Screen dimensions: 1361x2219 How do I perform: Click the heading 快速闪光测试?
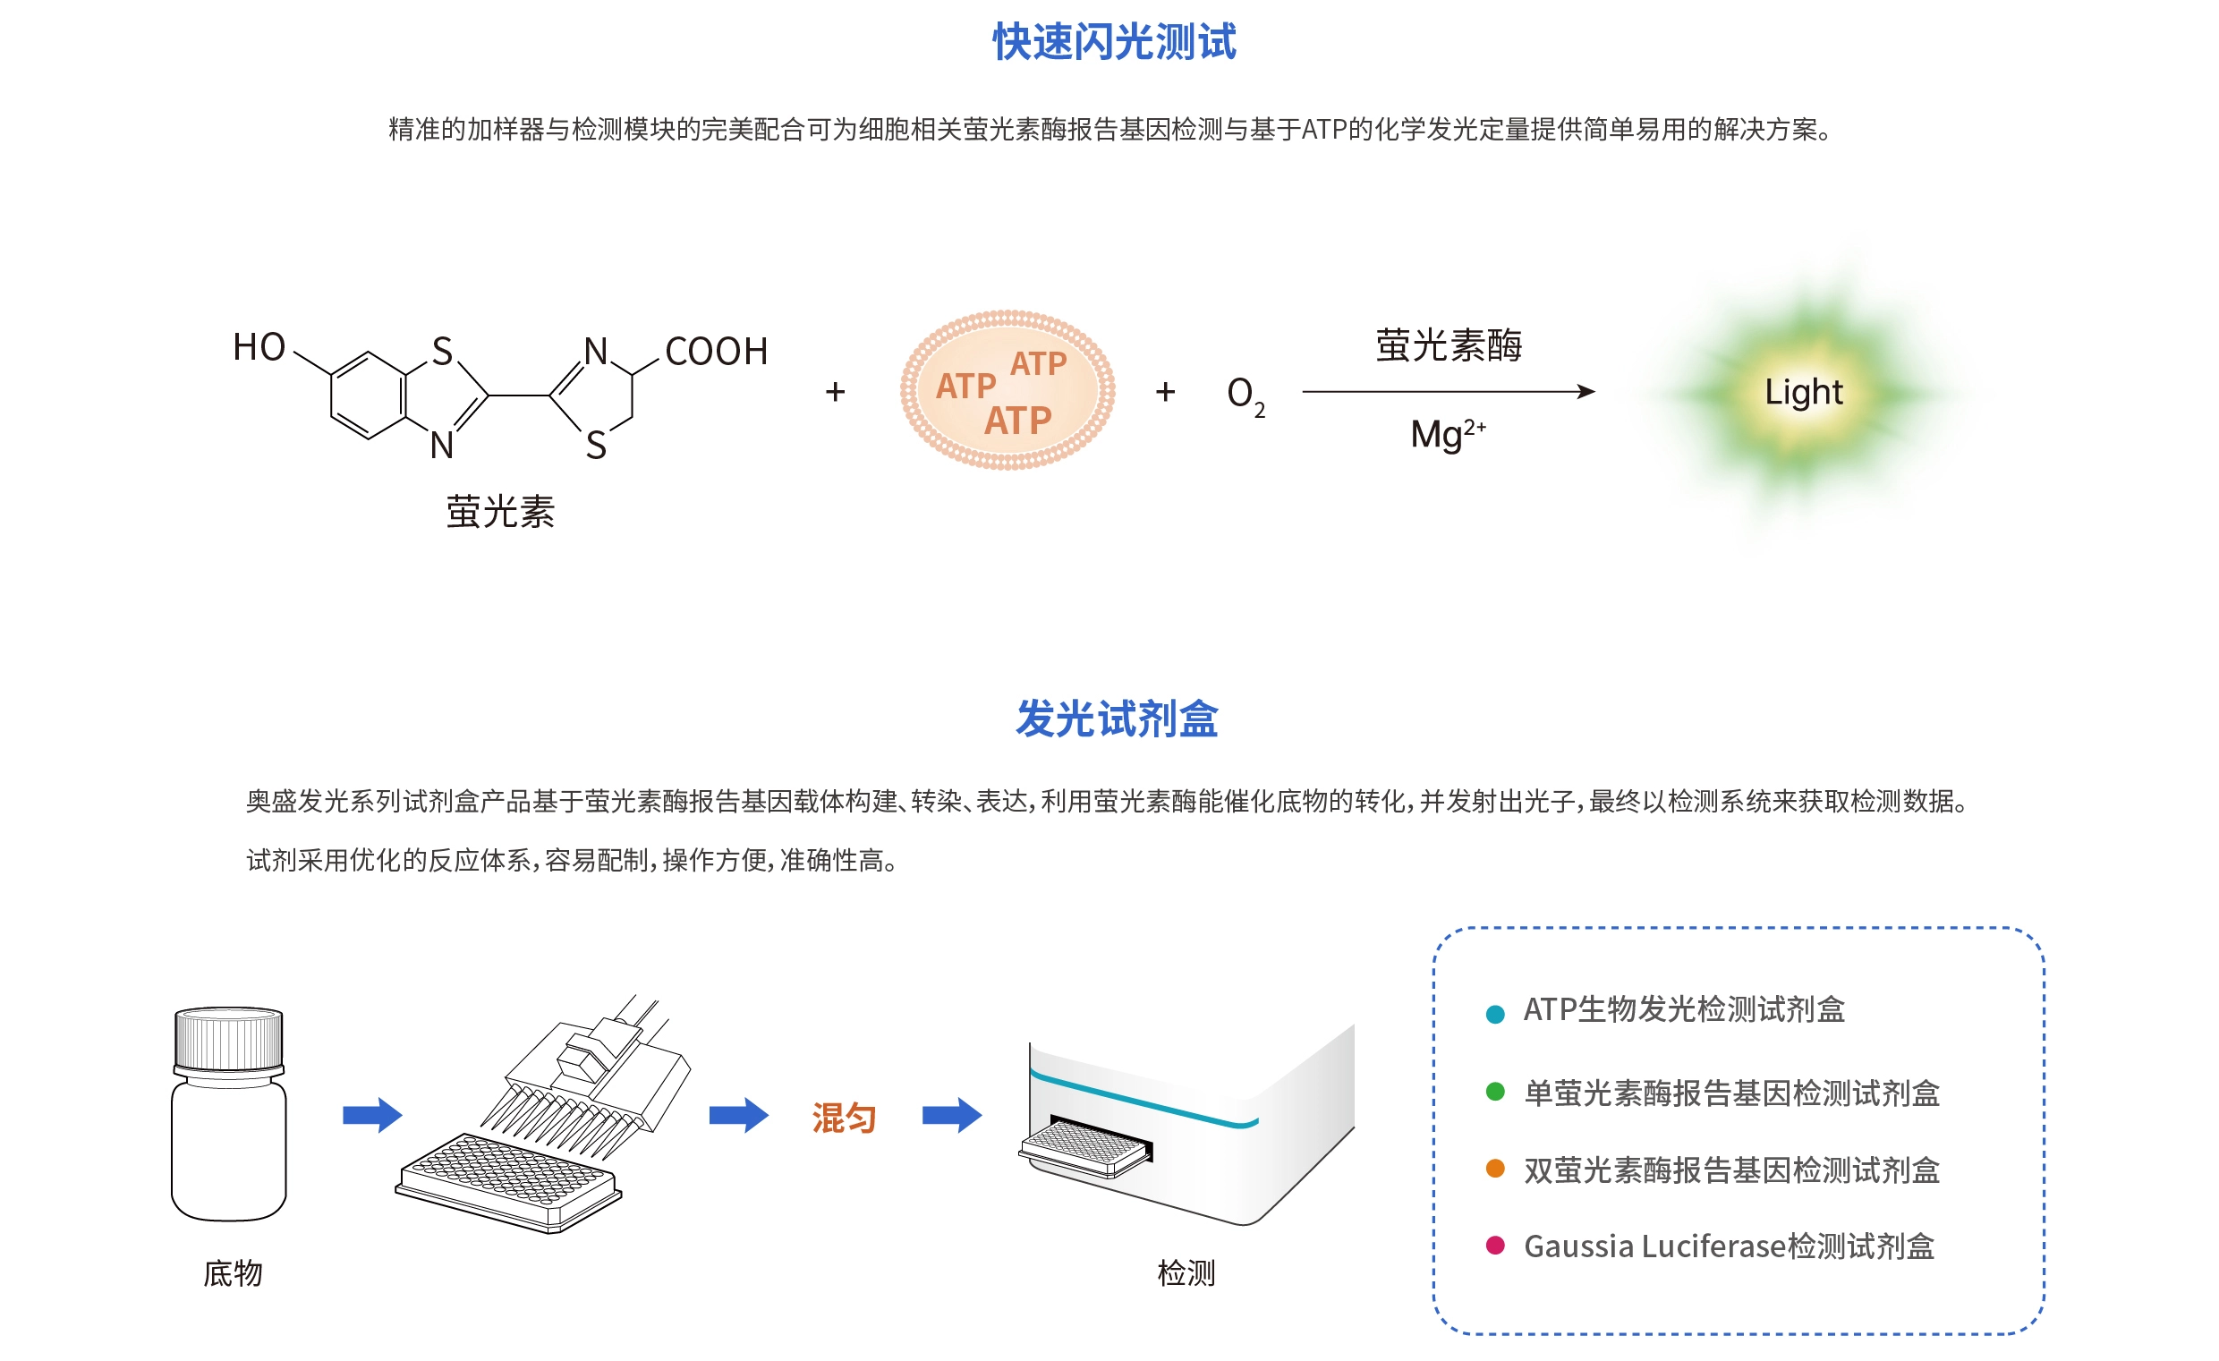1114,42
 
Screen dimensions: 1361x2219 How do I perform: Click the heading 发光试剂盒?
1117,719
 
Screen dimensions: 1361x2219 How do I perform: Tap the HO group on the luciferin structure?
259,347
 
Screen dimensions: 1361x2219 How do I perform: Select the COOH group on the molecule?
716,352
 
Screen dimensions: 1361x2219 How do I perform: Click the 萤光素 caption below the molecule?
500,512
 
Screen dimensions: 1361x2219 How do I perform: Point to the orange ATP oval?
1007,390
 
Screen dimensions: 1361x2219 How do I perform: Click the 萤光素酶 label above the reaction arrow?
1448,345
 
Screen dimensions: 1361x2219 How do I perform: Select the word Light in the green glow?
1803,392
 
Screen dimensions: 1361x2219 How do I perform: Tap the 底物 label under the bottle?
233,1272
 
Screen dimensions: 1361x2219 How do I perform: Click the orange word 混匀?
844,1118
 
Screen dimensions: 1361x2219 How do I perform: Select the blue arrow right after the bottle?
372,1115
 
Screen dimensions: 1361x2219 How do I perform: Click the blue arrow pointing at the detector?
952,1115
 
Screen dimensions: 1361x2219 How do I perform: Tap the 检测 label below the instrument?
1186,1272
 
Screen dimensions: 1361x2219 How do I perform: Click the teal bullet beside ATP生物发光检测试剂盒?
1495,1014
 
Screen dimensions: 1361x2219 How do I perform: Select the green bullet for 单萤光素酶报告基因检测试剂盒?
1495,1092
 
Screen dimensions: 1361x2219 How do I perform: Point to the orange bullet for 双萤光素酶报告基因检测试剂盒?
1495,1169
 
